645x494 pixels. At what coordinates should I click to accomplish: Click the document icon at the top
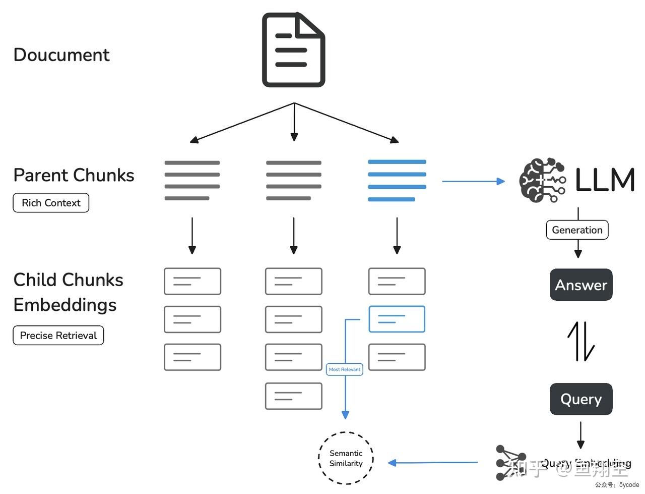[x=293, y=50]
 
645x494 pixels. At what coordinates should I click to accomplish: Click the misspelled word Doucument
[x=61, y=54]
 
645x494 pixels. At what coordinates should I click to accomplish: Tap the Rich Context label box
[x=51, y=203]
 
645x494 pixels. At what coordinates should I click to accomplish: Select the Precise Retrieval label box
[x=58, y=336]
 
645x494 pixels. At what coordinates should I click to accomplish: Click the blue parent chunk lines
[x=397, y=181]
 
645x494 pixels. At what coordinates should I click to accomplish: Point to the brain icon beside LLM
[x=542, y=180]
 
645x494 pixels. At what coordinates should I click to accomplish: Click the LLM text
[x=604, y=180]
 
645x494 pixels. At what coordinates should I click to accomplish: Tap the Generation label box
[x=577, y=230]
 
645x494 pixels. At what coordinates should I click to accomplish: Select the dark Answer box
[x=581, y=285]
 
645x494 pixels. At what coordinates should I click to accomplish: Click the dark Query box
[x=581, y=399]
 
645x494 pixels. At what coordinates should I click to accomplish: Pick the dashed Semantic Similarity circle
[x=346, y=458]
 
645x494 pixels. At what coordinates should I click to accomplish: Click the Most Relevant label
[x=345, y=369]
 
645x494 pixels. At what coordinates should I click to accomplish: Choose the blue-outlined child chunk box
[x=397, y=319]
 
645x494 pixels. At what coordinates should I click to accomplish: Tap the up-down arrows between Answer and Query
[x=581, y=342]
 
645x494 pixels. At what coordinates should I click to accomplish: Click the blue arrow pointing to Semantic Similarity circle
[x=433, y=462]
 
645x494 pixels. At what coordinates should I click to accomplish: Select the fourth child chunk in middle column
[x=294, y=396]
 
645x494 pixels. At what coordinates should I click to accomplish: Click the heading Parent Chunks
[x=74, y=175]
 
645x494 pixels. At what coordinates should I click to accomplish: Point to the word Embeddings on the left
[x=65, y=305]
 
